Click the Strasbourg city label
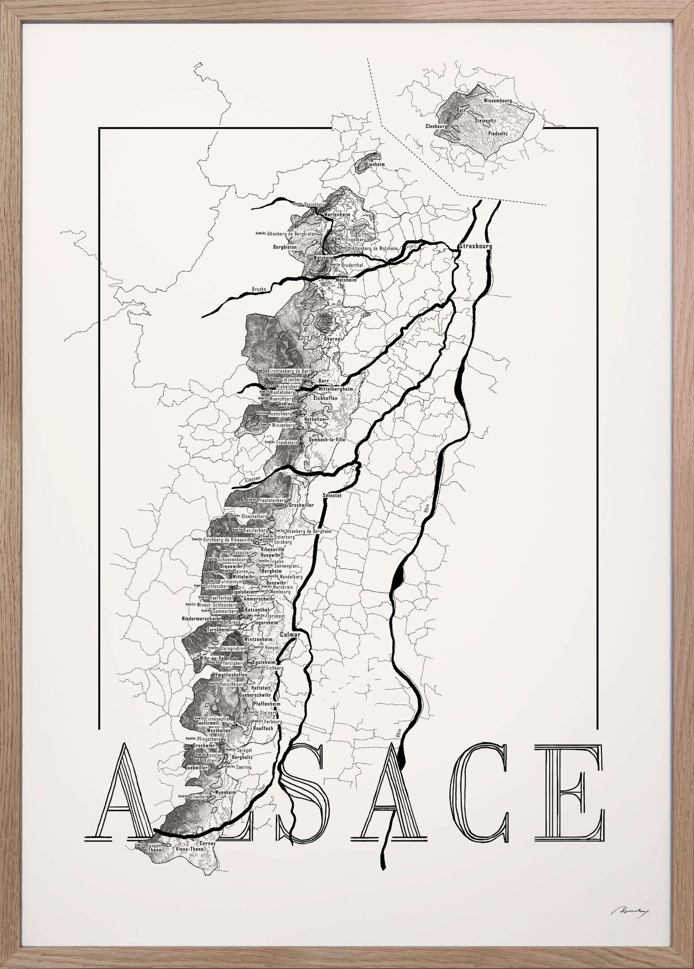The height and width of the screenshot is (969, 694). point(476,246)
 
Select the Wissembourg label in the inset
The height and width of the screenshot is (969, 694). point(498,100)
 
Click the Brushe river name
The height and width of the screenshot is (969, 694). point(259,289)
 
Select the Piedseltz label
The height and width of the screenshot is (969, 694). point(498,134)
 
